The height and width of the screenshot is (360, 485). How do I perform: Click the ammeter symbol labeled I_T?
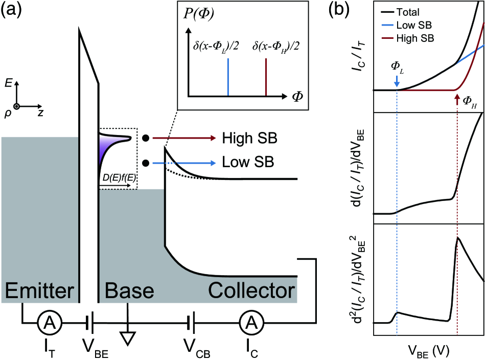[50, 322]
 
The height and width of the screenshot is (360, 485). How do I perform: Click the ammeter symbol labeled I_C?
[250, 322]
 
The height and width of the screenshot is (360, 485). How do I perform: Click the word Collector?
[251, 291]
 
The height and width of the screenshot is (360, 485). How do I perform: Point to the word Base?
[129, 291]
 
